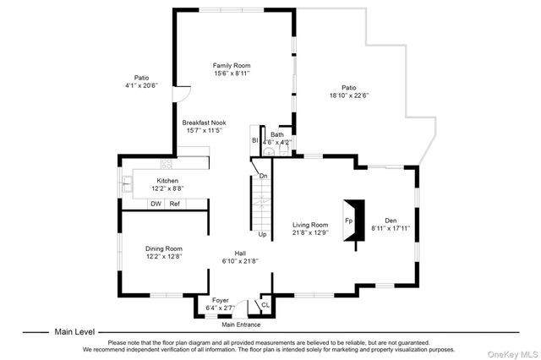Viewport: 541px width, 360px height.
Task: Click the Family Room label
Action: point(232,65)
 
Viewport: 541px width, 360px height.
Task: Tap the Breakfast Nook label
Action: point(205,123)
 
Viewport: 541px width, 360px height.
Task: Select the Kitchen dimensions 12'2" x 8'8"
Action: point(167,188)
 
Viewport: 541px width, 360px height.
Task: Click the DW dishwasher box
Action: point(156,204)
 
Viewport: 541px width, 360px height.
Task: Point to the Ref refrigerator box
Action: point(175,204)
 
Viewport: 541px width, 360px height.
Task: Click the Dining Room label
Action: point(164,248)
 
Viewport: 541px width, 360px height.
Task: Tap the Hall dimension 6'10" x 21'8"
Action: point(240,261)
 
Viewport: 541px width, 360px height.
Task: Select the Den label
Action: point(391,221)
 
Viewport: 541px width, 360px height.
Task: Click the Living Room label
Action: point(310,225)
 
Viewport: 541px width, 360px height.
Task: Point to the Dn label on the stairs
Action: point(263,176)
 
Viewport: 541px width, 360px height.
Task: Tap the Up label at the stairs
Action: point(263,234)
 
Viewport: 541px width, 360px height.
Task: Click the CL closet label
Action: point(265,305)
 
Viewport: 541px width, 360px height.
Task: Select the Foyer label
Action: point(221,300)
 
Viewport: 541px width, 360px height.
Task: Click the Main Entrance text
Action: point(241,325)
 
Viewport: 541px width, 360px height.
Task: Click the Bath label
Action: point(277,134)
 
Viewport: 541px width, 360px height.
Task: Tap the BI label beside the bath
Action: point(255,140)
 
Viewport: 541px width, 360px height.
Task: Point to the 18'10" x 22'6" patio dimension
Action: point(349,95)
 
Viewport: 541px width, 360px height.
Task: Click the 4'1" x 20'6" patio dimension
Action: point(141,85)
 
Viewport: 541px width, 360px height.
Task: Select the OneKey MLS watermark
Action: point(513,354)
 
